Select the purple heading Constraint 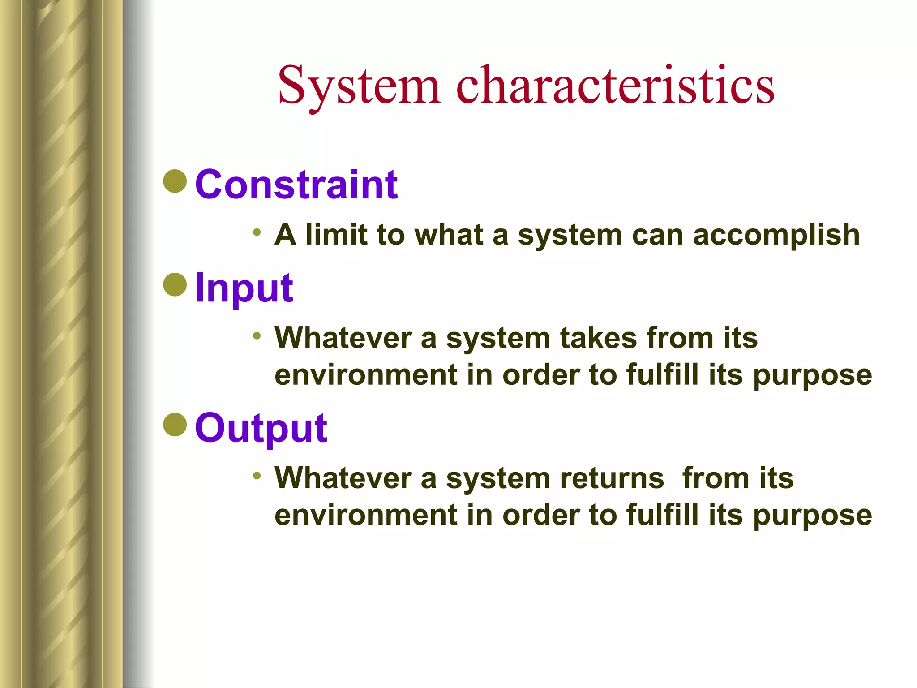pyautogui.click(x=296, y=185)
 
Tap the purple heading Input pyautogui.click(x=244, y=288)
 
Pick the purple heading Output pyautogui.click(x=261, y=428)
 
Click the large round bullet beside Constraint pyautogui.click(x=175, y=181)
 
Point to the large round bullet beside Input pyautogui.click(x=175, y=284)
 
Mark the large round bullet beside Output pyautogui.click(x=175, y=425)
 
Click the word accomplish pyautogui.click(x=776, y=235)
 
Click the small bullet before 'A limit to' pyautogui.click(x=257, y=232)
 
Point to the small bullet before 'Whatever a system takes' pyautogui.click(x=257, y=335)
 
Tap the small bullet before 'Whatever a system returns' pyautogui.click(x=257, y=476)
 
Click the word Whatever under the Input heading pyautogui.click(x=343, y=338)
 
